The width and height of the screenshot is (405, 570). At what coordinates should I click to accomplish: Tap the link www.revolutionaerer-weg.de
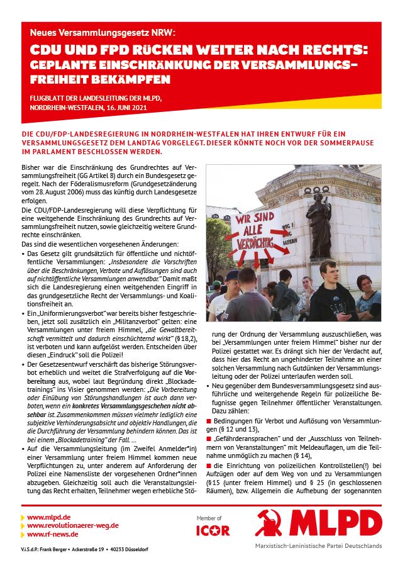tap(72, 525)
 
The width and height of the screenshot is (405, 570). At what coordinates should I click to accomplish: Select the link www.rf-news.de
tap(52, 534)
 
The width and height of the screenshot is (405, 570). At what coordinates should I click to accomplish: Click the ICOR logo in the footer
tap(213, 530)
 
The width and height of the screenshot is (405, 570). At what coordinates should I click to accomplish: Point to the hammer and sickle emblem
tap(272, 523)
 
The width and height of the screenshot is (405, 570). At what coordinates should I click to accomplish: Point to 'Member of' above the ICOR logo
tap(209, 518)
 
